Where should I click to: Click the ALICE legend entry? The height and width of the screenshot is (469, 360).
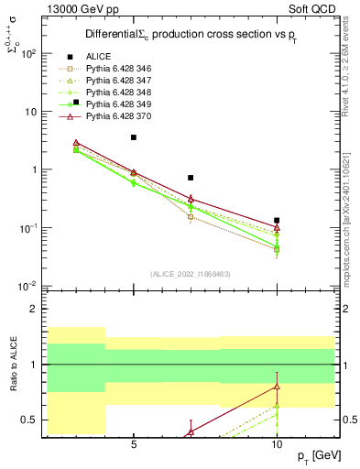point(99,57)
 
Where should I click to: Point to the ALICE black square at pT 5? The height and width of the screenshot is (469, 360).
point(134,137)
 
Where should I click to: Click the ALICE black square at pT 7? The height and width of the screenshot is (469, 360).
point(191,178)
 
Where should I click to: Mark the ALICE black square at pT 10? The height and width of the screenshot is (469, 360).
point(277,220)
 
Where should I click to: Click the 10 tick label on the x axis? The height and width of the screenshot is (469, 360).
point(277,442)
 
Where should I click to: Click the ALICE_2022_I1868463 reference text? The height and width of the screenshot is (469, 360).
point(190,274)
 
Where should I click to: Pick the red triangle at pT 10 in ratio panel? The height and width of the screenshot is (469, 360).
point(277,387)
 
